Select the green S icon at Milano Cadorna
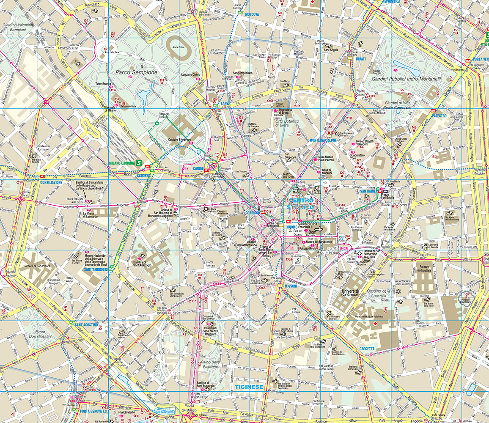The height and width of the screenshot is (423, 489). point(138,162)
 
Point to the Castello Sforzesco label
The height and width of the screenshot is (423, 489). point(180,140)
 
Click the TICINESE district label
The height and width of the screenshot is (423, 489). point(249,387)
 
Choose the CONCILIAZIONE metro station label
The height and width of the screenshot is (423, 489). point(52,182)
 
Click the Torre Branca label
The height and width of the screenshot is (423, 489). point(103,84)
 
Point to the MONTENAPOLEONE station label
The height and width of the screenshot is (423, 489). point(323,140)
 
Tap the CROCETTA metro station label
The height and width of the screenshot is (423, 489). point(367,349)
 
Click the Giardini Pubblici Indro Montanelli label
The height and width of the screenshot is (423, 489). point(406,79)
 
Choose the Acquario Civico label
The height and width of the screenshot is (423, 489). point(190,75)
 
